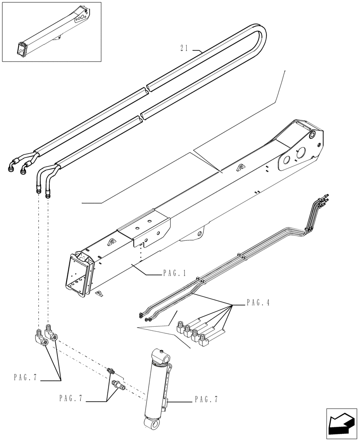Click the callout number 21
[x=184, y=49]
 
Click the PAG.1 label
[x=174, y=274]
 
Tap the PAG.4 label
[x=258, y=303]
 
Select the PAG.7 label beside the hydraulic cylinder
[x=206, y=400]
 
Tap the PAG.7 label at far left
[x=25, y=378]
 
